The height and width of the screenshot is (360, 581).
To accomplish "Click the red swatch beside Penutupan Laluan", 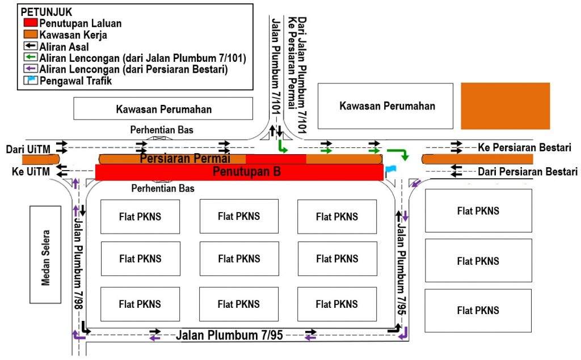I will (x=30, y=23).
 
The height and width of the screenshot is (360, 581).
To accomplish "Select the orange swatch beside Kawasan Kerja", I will (x=30, y=35).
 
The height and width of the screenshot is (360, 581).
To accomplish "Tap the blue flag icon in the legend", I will (x=31, y=81).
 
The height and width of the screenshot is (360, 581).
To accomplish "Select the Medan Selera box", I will (x=45, y=254).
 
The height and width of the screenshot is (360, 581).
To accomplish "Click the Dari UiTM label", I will (x=27, y=149).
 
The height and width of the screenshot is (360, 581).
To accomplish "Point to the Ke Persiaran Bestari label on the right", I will (x=524, y=147).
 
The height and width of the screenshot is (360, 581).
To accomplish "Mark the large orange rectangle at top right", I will (x=505, y=106).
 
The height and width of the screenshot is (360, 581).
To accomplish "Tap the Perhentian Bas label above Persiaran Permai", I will (x=162, y=130).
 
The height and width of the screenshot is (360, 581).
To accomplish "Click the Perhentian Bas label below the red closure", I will (x=162, y=188).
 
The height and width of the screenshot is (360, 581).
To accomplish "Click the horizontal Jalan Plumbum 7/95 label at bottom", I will (x=229, y=335).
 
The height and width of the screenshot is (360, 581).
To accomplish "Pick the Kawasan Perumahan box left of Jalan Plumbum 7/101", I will (x=163, y=109).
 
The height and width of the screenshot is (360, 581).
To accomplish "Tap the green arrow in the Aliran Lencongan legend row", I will (x=31, y=58).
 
